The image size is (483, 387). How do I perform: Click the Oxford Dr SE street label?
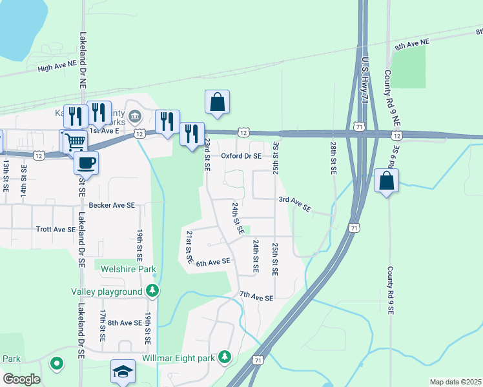coord(241,156)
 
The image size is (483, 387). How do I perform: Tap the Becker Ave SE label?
coord(112,205)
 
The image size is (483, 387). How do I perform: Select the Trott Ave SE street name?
coord(56,229)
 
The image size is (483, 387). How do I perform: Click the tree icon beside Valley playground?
coord(152,291)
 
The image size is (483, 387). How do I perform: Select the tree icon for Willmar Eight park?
coord(224,357)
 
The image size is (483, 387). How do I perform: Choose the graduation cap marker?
coord(123,371)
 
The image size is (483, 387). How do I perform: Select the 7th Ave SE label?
coord(256,298)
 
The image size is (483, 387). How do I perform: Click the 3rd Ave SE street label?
coord(295,204)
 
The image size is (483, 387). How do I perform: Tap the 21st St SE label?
coord(190,246)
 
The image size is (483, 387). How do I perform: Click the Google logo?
coord(21,379)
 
